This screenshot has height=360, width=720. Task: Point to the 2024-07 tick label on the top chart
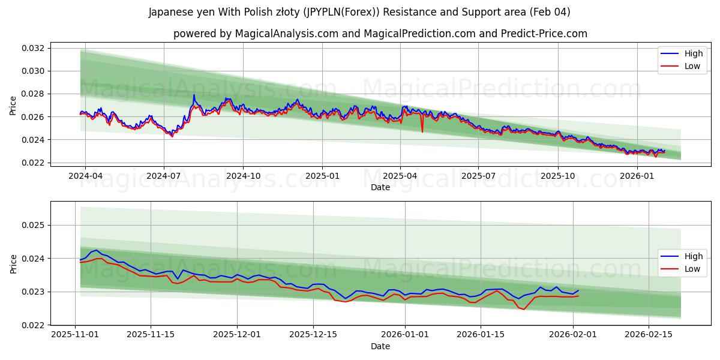164,176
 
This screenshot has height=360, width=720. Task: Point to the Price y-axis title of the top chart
13,105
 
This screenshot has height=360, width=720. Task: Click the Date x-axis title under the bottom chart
380,346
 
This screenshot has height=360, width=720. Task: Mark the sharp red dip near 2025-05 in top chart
422,131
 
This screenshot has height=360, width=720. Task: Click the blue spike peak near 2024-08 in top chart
193,95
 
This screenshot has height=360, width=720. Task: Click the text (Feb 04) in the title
550,12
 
